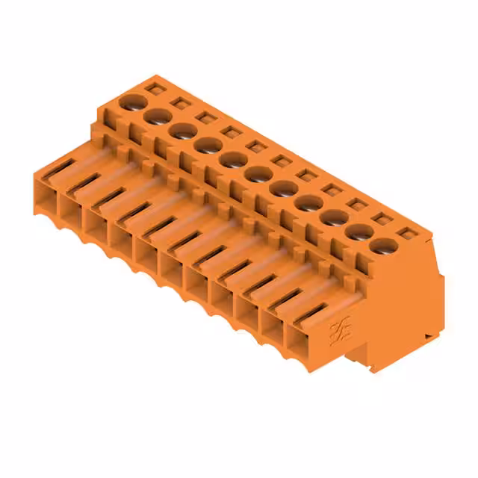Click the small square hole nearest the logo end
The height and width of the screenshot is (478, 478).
[408, 233]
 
